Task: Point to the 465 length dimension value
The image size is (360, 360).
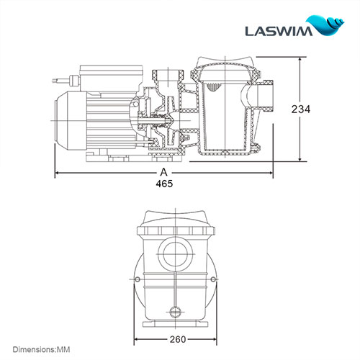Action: (x=164, y=184)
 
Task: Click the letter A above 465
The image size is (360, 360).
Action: (x=164, y=173)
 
